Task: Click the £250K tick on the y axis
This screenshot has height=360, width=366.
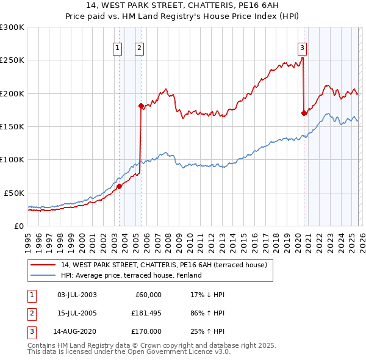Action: [12, 60]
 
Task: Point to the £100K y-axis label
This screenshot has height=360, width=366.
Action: [12, 159]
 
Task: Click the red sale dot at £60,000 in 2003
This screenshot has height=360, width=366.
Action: [120, 186]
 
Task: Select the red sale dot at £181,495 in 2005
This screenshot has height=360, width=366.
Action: [141, 106]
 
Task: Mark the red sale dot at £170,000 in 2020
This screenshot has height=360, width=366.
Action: [304, 113]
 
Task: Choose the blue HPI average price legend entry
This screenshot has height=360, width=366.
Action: [135, 276]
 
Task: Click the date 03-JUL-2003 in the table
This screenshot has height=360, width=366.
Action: [77, 295]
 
